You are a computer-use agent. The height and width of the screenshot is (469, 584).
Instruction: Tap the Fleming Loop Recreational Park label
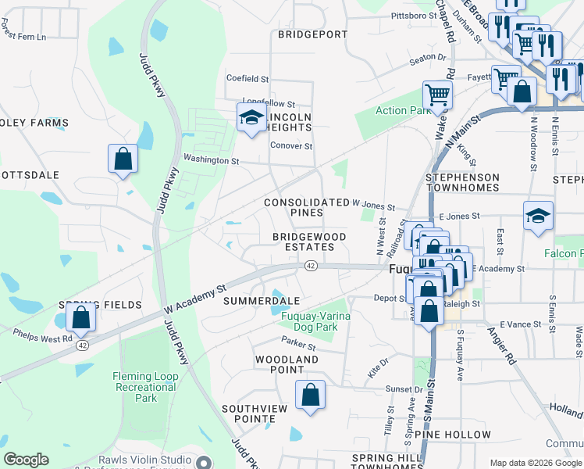(x=146, y=387)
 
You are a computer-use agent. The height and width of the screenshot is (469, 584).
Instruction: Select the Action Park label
(x=402, y=110)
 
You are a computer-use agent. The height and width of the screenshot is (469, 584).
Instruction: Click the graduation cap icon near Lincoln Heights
(x=251, y=119)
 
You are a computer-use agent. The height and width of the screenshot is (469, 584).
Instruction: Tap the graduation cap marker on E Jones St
(x=539, y=216)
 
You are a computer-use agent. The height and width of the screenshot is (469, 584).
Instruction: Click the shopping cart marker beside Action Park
(x=437, y=95)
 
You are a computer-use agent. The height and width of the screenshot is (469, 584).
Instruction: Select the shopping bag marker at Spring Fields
(x=80, y=317)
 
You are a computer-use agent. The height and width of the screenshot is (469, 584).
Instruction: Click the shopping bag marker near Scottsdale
(x=123, y=159)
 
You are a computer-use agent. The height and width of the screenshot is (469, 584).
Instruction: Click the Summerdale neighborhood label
(x=262, y=300)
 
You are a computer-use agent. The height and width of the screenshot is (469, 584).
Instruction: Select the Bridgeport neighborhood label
(x=312, y=34)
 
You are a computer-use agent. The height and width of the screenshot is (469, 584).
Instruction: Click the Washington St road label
(x=211, y=160)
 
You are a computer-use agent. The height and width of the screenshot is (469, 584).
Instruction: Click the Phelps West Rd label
(x=43, y=336)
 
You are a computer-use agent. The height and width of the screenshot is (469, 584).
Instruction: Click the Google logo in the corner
(x=26, y=460)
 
